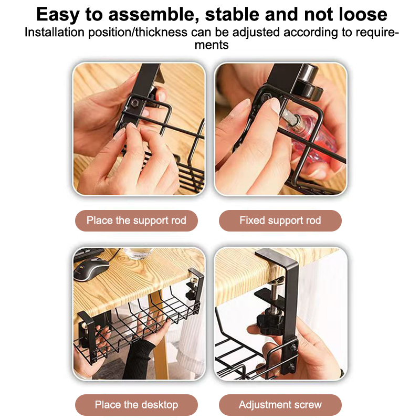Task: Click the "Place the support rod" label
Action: pos(136,220)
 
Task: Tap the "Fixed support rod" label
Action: pos(280,220)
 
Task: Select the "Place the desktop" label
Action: pos(136,404)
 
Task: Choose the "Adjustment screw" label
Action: pos(280,404)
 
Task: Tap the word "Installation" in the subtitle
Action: pos(55,33)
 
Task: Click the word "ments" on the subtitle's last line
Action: pos(212,45)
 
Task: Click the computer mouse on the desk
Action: pos(91,269)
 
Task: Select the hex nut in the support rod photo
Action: pos(134,102)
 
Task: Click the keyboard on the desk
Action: pos(88,254)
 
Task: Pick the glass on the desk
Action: pos(139,253)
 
